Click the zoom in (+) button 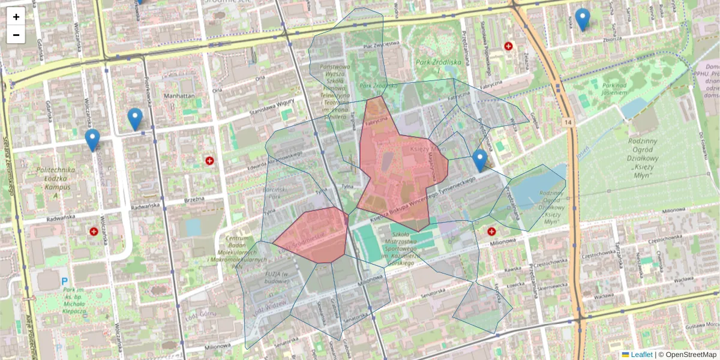point(16,17)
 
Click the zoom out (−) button point(16,35)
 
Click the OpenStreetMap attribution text point(688,355)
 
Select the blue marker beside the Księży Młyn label point(479,160)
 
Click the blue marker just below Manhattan point(135,119)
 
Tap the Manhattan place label point(179,96)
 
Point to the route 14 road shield point(568,122)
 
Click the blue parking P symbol point(64,281)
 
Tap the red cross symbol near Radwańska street point(94,231)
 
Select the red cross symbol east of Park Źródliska point(509,46)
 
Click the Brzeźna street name point(195,199)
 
